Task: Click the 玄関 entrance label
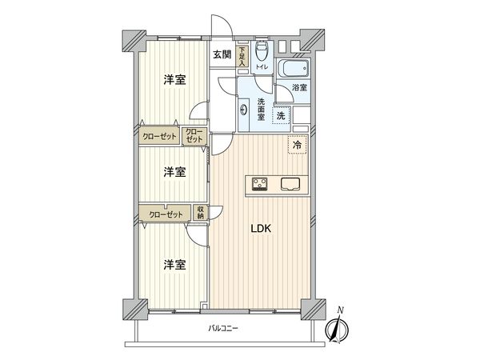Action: (x=222, y=54)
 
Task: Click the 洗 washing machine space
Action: (x=280, y=114)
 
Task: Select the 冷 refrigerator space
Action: (x=297, y=145)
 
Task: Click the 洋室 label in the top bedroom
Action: (x=175, y=79)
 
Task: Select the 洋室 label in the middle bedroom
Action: (x=175, y=171)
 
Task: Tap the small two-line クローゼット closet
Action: (x=194, y=136)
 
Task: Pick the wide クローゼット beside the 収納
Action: (x=163, y=214)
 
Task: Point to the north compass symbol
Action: (x=338, y=326)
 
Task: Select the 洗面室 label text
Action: (x=262, y=108)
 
